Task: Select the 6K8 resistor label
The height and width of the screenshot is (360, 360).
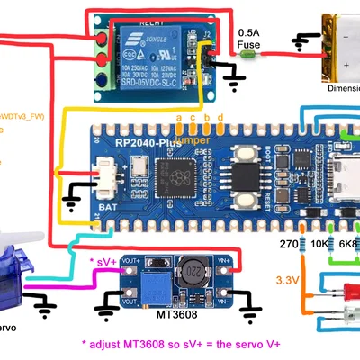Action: (x=346, y=244)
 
